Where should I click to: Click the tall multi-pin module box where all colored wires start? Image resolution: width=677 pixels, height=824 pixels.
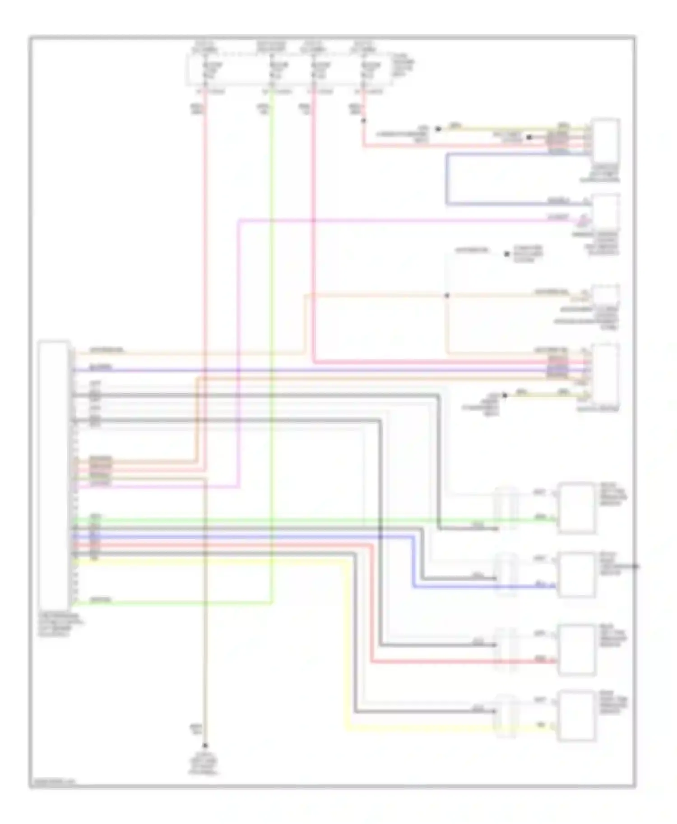pos(54,476)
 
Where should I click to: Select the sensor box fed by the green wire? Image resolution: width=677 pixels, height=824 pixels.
pos(576,508)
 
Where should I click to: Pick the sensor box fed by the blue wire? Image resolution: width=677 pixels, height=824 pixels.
pos(576,575)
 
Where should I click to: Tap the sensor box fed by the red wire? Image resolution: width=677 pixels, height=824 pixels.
pos(576,650)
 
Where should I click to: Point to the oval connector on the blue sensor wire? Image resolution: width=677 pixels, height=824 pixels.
pos(506,575)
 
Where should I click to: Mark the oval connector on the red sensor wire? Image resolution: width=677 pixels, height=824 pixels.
pos(506,650)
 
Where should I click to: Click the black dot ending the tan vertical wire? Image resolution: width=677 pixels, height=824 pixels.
pos(205,745)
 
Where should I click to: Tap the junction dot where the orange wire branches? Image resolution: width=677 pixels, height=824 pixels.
pos(447,296)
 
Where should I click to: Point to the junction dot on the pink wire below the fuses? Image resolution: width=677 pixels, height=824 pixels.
pos(363,121)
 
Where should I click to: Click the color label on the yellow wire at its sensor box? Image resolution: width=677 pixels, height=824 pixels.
pos(539,725)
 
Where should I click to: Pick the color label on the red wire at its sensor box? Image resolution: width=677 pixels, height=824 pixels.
pos(539,659)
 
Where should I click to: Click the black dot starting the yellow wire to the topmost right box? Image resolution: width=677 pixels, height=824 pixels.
pos(437,129)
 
